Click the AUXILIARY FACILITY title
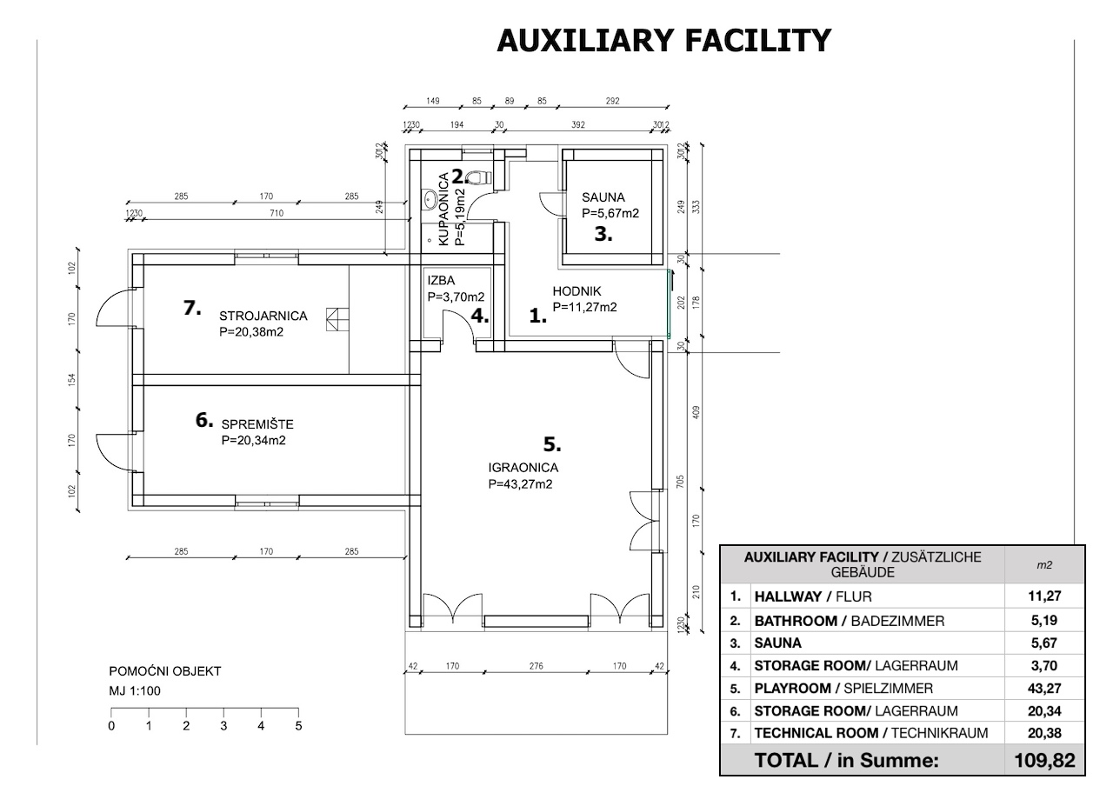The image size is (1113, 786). tap(663, 40)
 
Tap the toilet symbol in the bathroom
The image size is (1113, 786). tap(480, 177)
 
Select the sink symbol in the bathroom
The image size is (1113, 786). tap(430, 200)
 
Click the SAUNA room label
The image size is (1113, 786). tap(603, 197)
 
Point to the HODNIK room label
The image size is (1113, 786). tap(576, 291)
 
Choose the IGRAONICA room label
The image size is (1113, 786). tap(523, 468)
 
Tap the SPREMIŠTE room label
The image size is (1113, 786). tap(257, 423)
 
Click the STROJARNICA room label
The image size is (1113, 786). tap(263, 316)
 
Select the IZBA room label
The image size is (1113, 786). tap(441, 281)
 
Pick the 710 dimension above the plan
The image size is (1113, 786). tap(277, 213)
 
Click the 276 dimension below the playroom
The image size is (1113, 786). tap(537, 666)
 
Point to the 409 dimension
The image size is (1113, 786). tap(696, 412)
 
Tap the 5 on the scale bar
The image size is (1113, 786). tap(298, 726)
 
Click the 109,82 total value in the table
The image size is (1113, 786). tap(1044, 761)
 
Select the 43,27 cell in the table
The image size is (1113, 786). tap(1044, 689)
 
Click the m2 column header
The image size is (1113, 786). tap(1044, 565)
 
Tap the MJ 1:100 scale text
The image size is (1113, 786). tap(135, 691)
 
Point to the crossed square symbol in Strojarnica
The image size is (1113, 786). tap(337, 319)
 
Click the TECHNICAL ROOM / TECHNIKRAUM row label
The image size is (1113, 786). tap(871, 733)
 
